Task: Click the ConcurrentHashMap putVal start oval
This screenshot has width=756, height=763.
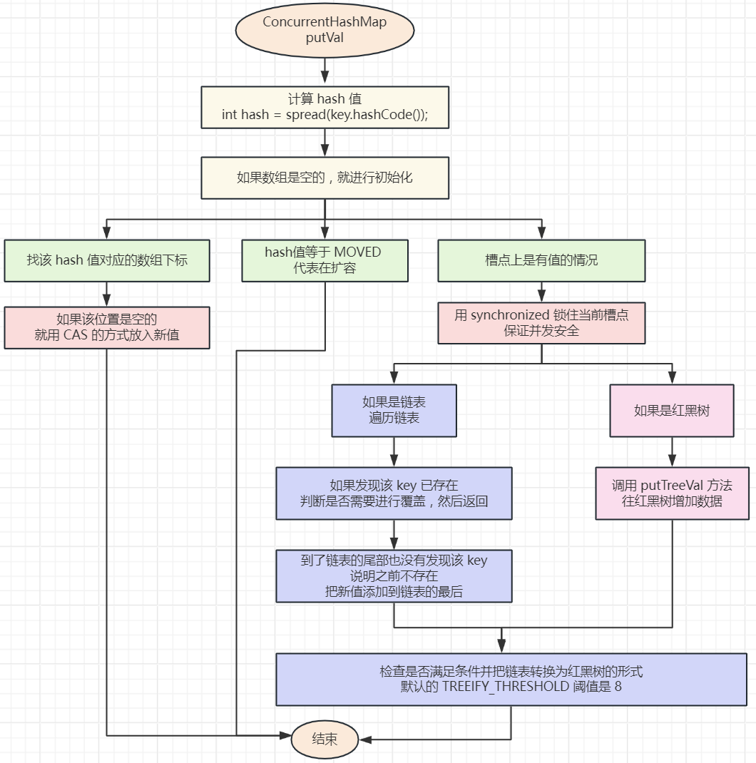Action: click(325, 30)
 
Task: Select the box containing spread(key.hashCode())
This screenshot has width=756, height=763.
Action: click(325, 107)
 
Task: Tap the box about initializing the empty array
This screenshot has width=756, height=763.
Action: click(325, 178)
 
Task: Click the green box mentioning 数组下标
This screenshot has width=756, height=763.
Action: click(107, 260)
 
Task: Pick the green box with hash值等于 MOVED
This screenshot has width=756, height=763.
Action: click(325, 260)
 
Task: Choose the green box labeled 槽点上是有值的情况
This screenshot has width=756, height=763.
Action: click(541, 260)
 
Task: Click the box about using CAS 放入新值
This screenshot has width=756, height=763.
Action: click(107, 327)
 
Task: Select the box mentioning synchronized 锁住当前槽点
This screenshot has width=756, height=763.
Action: click(541, 323)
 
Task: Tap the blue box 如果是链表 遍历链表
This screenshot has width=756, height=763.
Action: click(394, 410)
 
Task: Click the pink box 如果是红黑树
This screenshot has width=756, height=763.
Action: click(672, 410)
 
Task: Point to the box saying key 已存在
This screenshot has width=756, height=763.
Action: click(394, 493)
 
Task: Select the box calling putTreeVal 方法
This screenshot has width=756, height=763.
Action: click(672, 493)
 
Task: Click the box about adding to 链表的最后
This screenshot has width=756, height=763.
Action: click(394, 575)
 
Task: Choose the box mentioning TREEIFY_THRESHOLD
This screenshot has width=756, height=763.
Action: click(511, 679)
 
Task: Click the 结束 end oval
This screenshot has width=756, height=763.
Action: click(325, 739)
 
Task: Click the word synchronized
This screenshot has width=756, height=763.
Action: click(511, 315)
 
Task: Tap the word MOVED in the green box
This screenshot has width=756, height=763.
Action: click(357, 252)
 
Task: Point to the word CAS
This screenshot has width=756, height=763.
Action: click(76, 335)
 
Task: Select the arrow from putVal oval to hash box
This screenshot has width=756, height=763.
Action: click(325, 72)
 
